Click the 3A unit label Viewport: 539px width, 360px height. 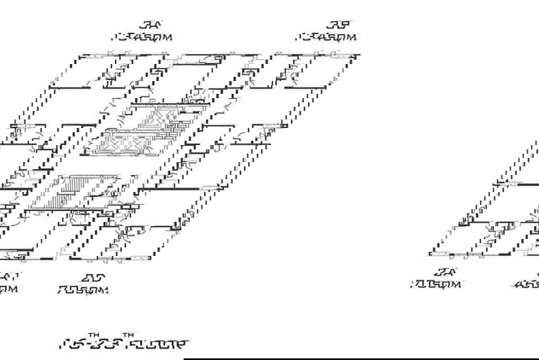point(151,25)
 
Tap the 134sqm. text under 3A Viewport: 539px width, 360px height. point(144,37)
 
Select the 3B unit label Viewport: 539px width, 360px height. point(340,25)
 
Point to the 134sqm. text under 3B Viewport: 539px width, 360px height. point(327,37)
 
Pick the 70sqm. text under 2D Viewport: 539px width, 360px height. point(84,290)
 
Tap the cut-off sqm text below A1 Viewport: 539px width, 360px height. point(10,289)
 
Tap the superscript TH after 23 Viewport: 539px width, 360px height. point(128,335)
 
